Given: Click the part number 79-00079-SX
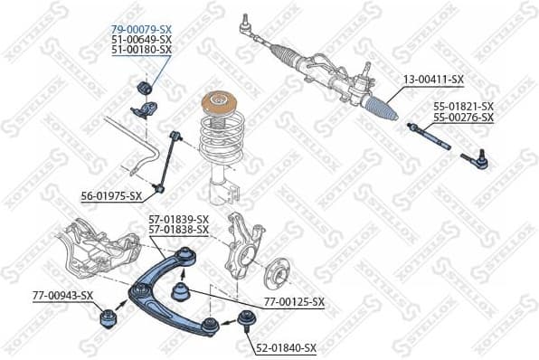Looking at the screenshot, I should [141, 30].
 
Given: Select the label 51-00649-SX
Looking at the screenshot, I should [141, 40].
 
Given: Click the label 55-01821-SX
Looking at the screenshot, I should [463, 107].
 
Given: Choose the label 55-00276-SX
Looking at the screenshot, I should [463, 118].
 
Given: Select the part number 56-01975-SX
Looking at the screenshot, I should [111, 195].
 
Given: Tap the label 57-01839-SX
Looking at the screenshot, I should [178, 220].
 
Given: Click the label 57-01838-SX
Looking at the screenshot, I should [178, 230].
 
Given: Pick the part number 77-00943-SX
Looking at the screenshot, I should [62, 295].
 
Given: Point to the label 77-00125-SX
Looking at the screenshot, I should [293, 301].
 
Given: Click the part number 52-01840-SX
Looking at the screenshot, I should [286, 347].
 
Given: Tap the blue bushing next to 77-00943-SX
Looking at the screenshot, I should [108, 318].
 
